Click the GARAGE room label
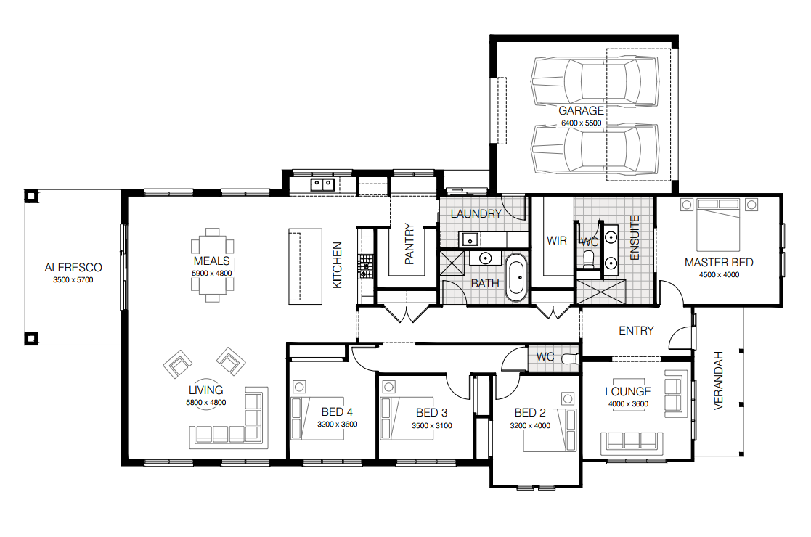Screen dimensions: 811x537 coord(581,110)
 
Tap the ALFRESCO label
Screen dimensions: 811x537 coord(73,268)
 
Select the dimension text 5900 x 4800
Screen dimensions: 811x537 coord(212,274)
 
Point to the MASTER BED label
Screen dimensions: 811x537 coord(719,263)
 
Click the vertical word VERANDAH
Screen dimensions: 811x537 coord(718,381)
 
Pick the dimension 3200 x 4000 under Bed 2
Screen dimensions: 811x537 coord(530,426)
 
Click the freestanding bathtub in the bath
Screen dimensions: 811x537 coord(516,277)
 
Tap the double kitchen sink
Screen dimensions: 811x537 coord(323,184)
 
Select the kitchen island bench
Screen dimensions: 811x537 coord(305,266)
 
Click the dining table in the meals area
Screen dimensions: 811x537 coord(212,265)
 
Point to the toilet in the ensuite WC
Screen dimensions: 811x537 coord(589,258)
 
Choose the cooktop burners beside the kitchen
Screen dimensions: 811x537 coord(366,266)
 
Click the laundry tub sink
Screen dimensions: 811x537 coord(470,239)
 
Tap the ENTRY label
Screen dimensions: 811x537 coord(636,331)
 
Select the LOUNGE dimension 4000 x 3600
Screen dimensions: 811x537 coord(628,404)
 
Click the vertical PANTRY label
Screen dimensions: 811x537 coord(409,244)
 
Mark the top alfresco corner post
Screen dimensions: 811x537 coord(31,196)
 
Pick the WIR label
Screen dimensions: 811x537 coord(557,241)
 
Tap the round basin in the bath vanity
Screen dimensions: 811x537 coord(485,258)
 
